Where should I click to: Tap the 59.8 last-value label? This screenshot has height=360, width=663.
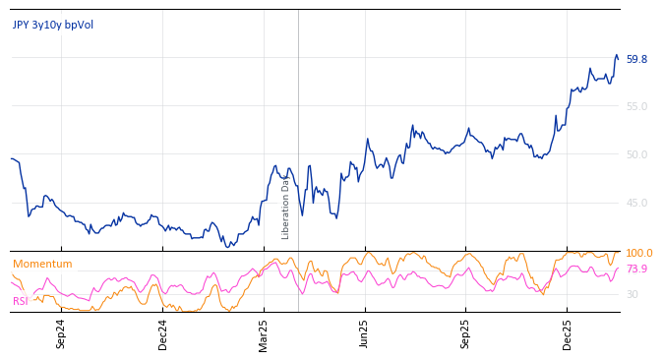click(636, 59)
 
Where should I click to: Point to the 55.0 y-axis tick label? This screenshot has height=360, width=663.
click(636, 106)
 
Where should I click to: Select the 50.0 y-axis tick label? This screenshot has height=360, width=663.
click(636, 154)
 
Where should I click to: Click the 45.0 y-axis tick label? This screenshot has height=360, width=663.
click(636, 203)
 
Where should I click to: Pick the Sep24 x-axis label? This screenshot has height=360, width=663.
click(61, 333)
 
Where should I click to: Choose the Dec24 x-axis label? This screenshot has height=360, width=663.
click(163, 333)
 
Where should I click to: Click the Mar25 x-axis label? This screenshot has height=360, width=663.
click(264, 333)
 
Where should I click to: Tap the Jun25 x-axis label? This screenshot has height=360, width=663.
click(365, 333)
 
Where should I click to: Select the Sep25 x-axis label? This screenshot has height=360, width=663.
click(466, 333)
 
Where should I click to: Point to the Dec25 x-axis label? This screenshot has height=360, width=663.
click(568, 333)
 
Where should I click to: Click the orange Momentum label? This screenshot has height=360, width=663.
click(42, 264)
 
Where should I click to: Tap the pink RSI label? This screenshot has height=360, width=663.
click(21, 301)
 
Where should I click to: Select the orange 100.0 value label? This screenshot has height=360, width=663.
click(638, 254)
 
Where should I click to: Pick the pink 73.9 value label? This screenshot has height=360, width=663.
click(636, 269)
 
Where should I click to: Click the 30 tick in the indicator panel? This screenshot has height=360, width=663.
click(632, 294)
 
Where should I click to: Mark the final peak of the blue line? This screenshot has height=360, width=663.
click(617, 55)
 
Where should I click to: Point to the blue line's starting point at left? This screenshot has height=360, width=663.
click(11, 158)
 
